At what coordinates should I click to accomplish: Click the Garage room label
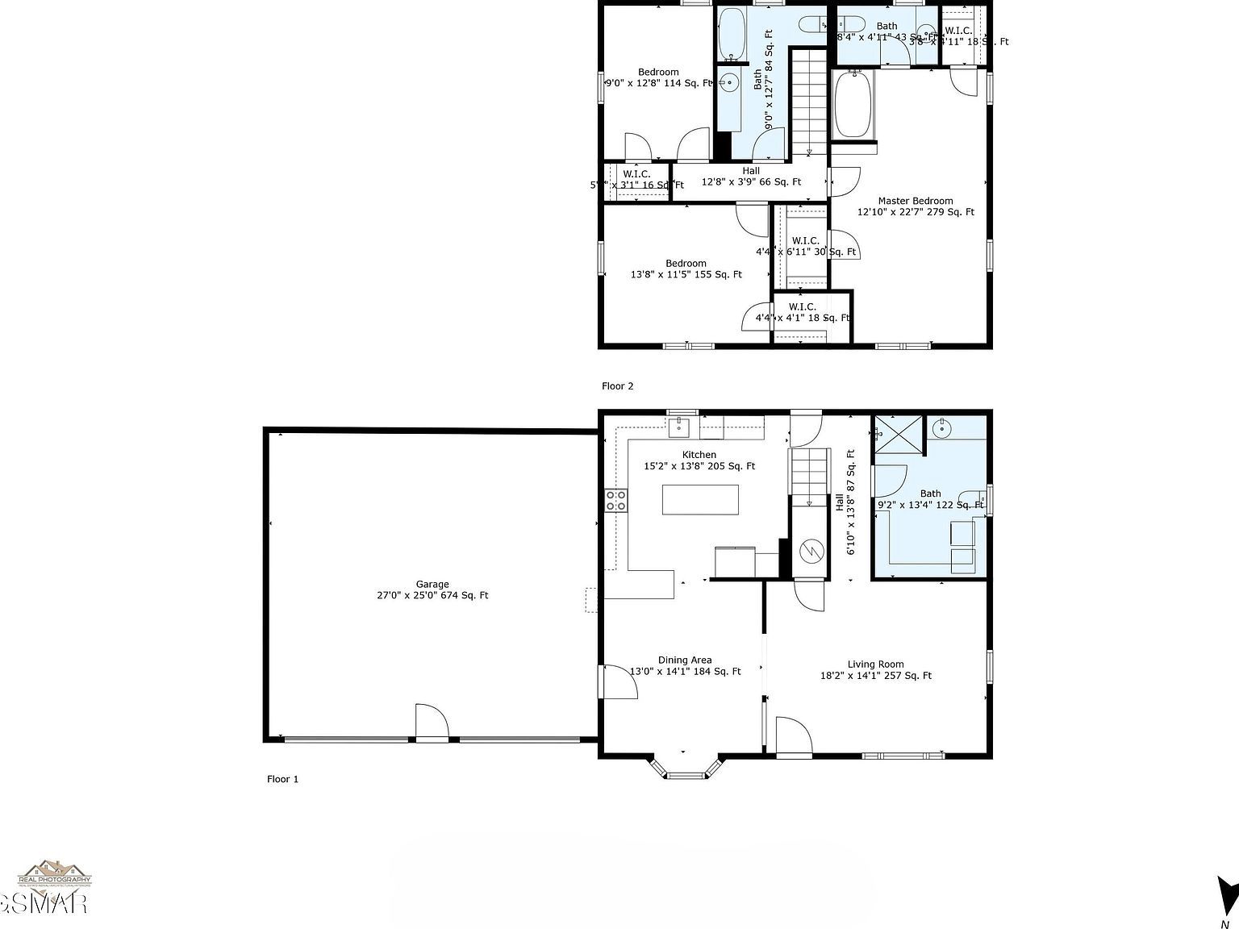pos(432,590)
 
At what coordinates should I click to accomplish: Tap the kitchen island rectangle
pos(700,500)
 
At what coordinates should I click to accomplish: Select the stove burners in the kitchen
pos(616,500)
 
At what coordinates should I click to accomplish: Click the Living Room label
pos(875,670)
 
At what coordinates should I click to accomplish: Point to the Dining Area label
pos(685,665)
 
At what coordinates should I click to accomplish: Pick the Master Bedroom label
pos(915,206)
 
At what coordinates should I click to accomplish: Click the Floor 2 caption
pos(618,386)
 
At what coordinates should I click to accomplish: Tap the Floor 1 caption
pos(283,779)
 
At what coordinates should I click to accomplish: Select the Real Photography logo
pos(54,876)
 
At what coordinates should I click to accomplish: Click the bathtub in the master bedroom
pos(852,105)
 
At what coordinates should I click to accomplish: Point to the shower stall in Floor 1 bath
pos(895,435)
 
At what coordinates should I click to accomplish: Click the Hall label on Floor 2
pos(751,177)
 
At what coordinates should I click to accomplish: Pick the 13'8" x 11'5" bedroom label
pos(686,269)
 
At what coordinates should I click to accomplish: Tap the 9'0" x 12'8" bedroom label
pos(658,77)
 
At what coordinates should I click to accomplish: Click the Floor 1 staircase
pos(809,476)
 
